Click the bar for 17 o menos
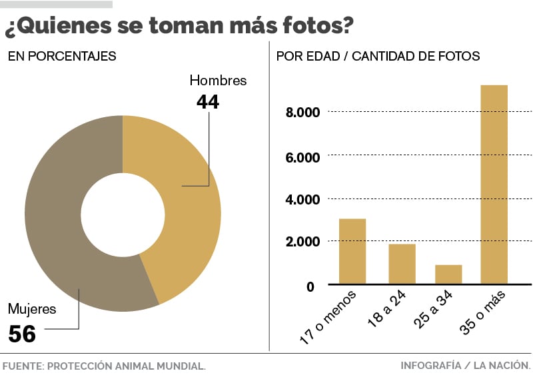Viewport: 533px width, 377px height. (352, 251)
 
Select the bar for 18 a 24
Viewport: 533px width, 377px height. (402, 264)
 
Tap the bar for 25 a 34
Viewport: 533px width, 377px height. (448, 274)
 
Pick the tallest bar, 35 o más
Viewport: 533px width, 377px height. (494, 185)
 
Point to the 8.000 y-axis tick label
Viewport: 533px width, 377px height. (302, 112)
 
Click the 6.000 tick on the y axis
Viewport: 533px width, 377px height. (302, 157)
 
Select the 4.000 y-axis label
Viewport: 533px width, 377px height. (302, 199)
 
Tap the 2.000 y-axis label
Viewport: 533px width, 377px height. (302, 242)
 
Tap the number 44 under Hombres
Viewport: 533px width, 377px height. (207, 101)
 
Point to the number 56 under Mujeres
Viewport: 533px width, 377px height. (21, 333)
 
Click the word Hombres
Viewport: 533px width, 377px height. (218, 81)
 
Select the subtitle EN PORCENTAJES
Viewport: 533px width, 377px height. (62, 57)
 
